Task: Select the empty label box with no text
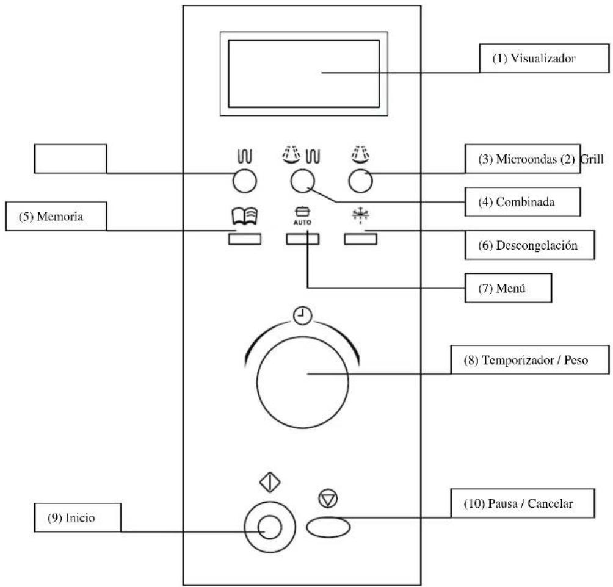(x=70, y=159)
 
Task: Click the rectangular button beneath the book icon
(x=245, y=239)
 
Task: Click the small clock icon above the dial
(x=302, y=315)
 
